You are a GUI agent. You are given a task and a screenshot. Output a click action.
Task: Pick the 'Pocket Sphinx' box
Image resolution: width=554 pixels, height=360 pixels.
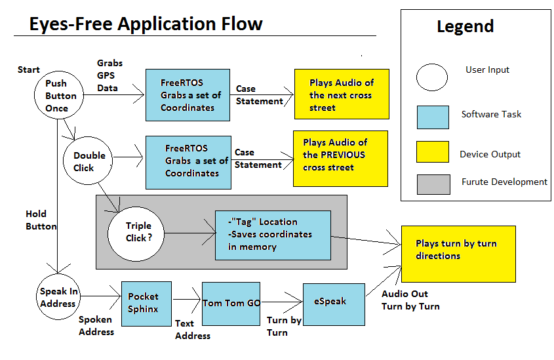click(x=146, y=304)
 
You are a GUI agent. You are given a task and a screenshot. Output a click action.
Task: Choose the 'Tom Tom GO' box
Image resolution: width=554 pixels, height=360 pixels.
click(x=231, y=304)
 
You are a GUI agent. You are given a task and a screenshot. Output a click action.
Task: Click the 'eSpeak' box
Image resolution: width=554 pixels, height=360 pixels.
click(x=334, y=304)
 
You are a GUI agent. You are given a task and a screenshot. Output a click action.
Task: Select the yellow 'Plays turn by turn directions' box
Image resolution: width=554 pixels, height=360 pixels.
click(x=458, y=254)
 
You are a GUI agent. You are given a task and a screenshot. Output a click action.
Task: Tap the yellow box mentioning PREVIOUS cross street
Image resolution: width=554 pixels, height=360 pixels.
click(x=341, y=159)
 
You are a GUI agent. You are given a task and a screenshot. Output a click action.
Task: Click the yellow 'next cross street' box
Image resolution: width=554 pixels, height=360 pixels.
click(x=342, y=94)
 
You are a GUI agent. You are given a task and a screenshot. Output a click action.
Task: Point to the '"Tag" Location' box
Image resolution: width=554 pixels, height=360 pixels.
click(x=273, y=235)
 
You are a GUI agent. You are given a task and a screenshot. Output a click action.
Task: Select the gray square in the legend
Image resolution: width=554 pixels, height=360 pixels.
click(x=433, y=184)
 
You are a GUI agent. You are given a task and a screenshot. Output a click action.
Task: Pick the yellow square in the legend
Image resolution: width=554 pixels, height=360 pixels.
click(x=433, y=152)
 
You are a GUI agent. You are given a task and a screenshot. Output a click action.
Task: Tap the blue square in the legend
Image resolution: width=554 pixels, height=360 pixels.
click(x=433, y=117)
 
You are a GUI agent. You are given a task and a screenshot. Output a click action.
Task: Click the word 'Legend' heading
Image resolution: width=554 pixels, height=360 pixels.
click(x=465, y=26)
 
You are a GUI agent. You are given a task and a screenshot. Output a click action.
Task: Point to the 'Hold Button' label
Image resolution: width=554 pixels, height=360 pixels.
click(x=41, y=220)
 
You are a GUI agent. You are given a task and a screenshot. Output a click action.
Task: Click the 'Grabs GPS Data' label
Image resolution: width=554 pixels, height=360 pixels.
click(x=109, y=75)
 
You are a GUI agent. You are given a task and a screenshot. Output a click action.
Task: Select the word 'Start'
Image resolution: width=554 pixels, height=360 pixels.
click(x=29, y=70)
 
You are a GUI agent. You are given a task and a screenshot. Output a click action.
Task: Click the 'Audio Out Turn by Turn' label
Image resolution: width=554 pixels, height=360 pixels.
click(x=410, y=300)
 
